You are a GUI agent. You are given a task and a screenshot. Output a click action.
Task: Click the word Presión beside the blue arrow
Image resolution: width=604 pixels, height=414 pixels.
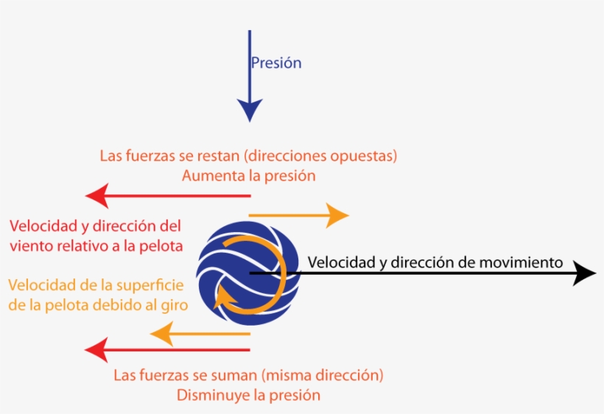click(276, 63)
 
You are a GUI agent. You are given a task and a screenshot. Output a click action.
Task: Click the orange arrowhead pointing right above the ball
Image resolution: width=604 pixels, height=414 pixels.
click(338, 215)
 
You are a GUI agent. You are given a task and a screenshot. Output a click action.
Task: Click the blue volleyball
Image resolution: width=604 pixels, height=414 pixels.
click(248, 273)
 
